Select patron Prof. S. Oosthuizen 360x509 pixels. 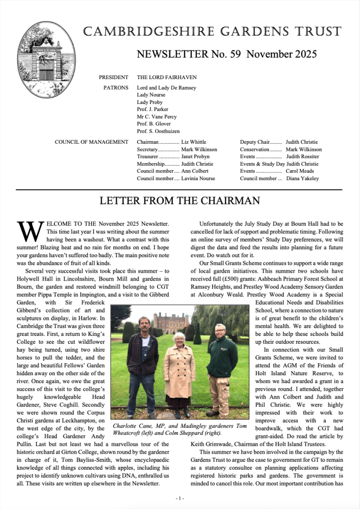point(159,131)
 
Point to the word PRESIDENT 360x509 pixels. point(114,78)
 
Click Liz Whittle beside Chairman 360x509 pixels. point(194,142)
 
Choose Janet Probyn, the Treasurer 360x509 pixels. point(196,156)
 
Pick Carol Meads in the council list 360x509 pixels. point(300,171)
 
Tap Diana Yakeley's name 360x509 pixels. point(302,178)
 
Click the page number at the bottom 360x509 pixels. point(180,498)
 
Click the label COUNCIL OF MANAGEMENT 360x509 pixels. point(92,142)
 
